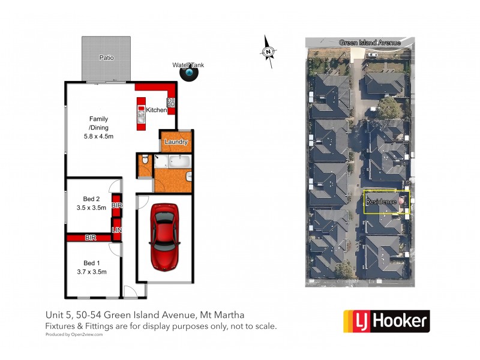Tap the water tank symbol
pos(190,73)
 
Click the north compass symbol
pos(268,52)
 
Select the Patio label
pos(106,58)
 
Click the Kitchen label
pos(156,110)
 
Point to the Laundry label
pos(176,142)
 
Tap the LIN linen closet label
pos(116,229)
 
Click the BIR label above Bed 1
pos(91,238)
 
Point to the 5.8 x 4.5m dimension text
pos(98,137)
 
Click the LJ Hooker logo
pos(386,322)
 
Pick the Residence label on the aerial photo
pos(381,202)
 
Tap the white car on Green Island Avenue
pos(373,55)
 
